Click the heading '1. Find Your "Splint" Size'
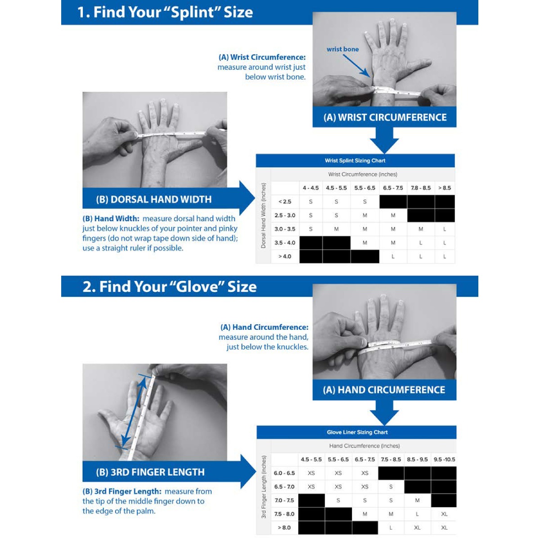[x=165, y=12]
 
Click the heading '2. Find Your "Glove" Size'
[x=169, y=287]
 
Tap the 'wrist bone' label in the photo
[x=342, y=49]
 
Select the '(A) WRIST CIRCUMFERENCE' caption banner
[x=385, y=117]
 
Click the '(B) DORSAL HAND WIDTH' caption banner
[x=153, y=199]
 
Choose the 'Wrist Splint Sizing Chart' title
[x=355, y=161]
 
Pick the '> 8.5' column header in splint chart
[x=444, y=188]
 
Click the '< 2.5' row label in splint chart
[x=284, y=202]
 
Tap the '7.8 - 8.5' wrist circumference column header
[x=420, y=188]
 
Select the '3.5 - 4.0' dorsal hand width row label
[x=284, y=243]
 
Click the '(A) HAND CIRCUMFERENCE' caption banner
[x=384, y=390]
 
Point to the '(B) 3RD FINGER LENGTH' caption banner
[x=150, y=472]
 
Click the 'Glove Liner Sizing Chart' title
[x=357, y=432]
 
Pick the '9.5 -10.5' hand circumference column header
[x=444, y=459]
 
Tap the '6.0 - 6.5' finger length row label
[x=284, y=473]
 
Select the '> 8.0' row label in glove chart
[x=284, y=527]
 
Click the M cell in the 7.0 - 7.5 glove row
[x=417, y=500]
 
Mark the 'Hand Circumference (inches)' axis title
[x=364, y=446]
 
